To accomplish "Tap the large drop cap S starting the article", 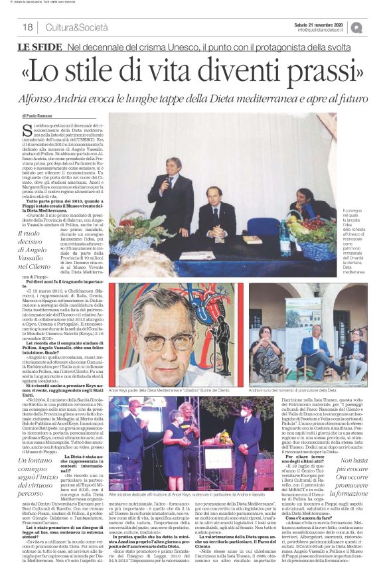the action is click(27, 130).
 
